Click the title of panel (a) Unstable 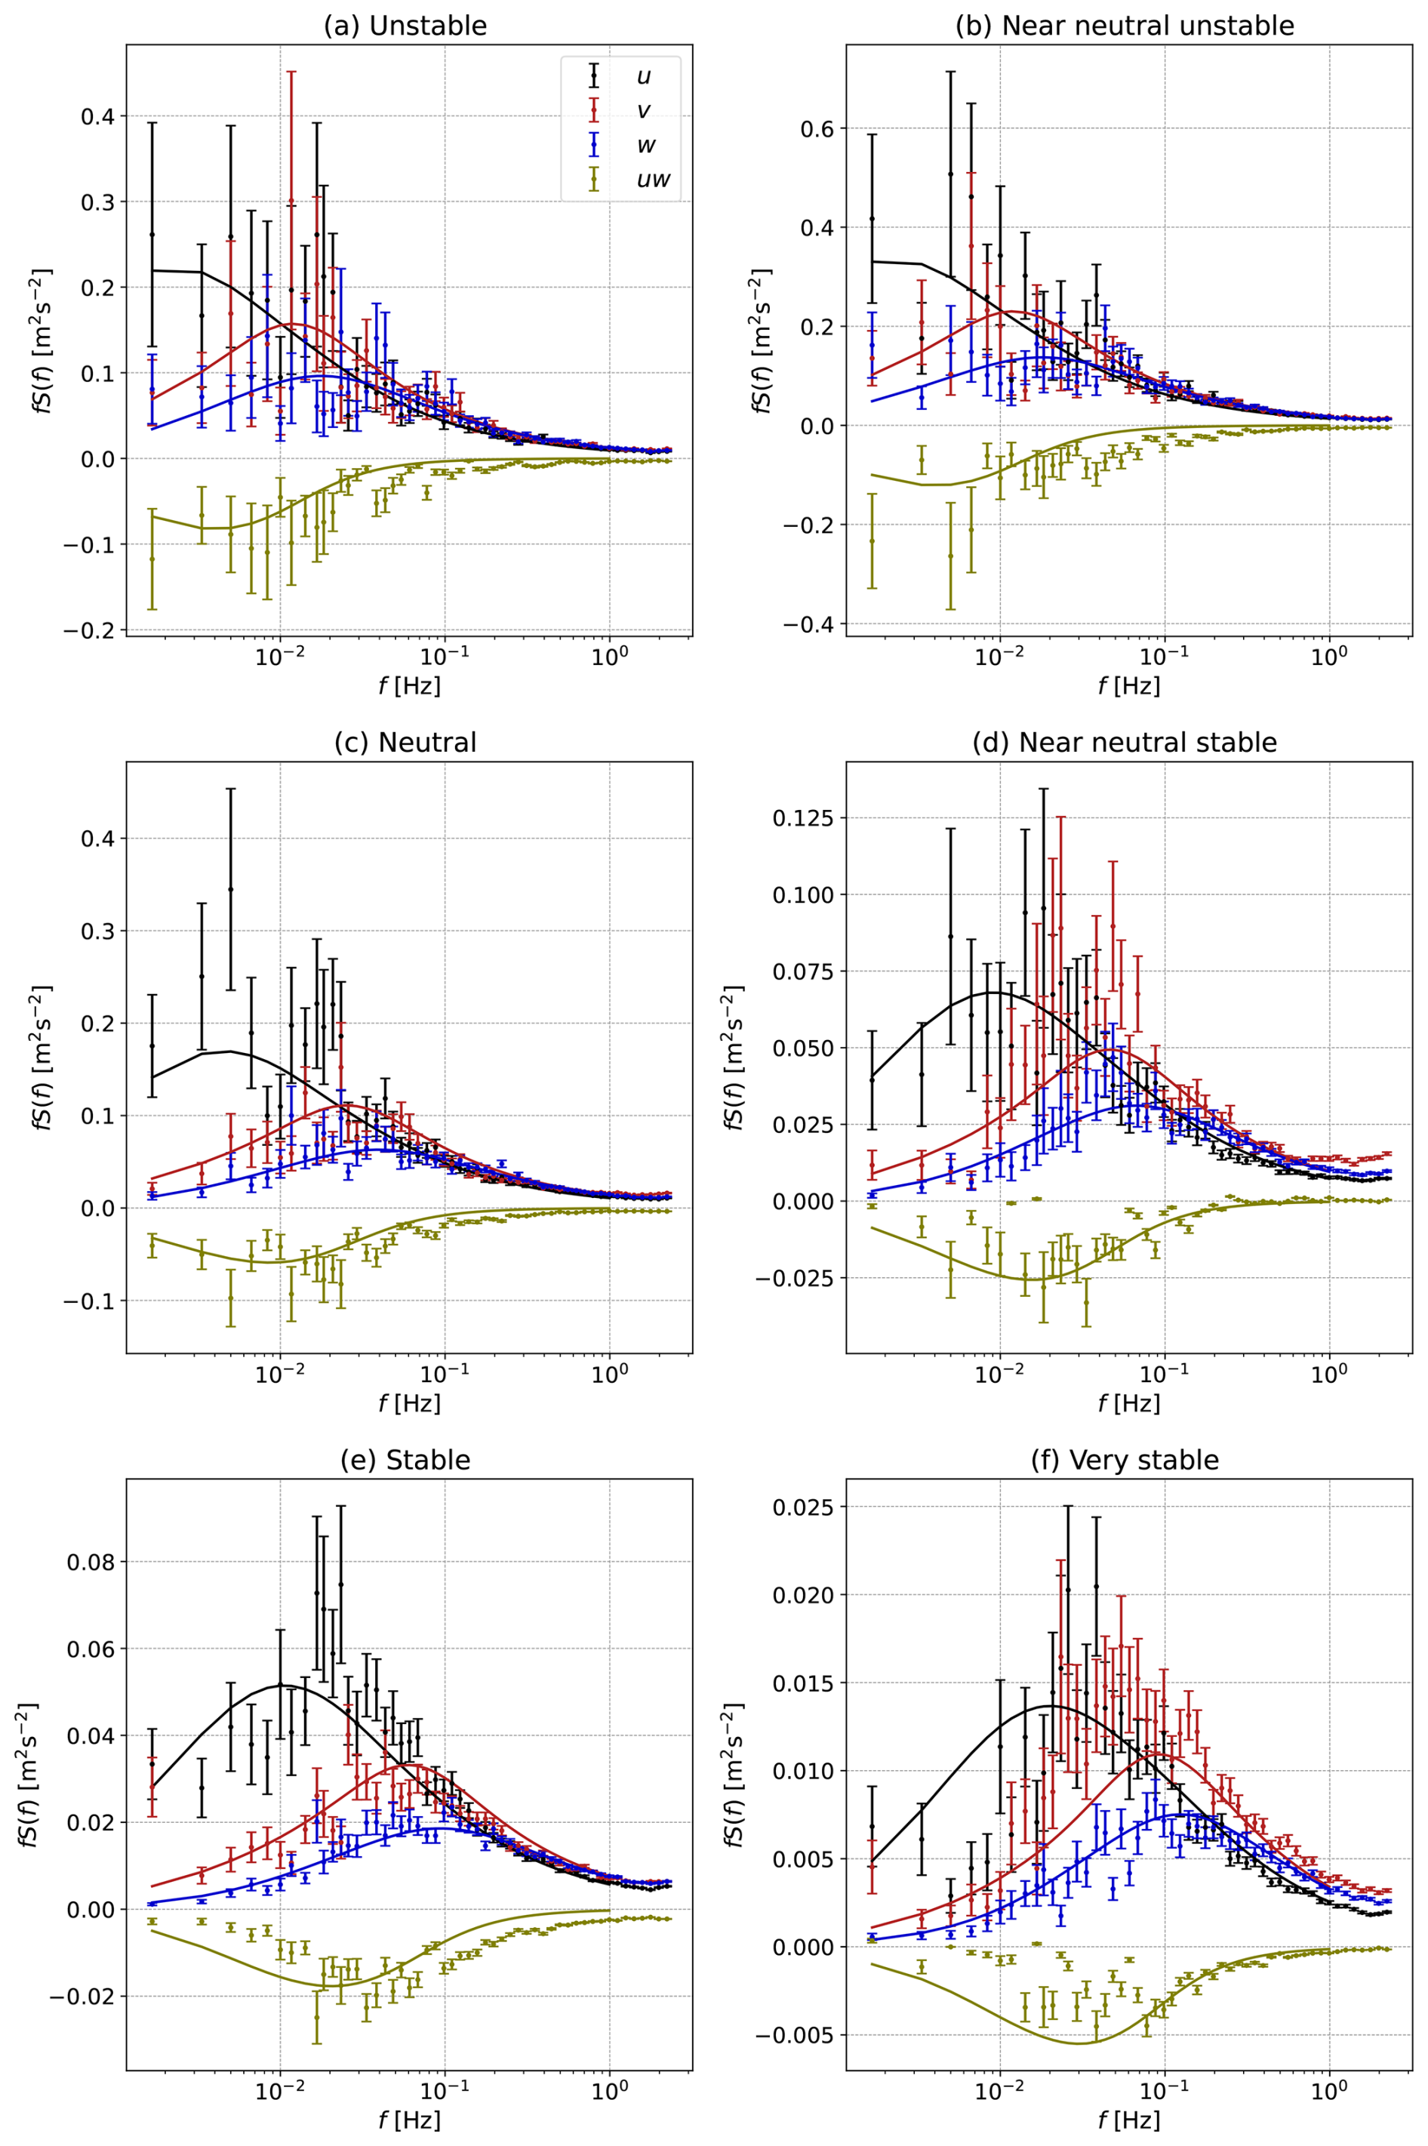405,26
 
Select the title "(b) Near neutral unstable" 1124,26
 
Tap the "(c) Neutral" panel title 405,742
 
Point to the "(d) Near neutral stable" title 1124,742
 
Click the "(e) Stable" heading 405,1460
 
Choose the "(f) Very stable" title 1124,1460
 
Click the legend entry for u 643,76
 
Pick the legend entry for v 643,111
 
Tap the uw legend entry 652,180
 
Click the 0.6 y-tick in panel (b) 816,128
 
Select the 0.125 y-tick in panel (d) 803,818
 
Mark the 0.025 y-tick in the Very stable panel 803,1507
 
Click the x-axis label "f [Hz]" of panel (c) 409,1402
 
